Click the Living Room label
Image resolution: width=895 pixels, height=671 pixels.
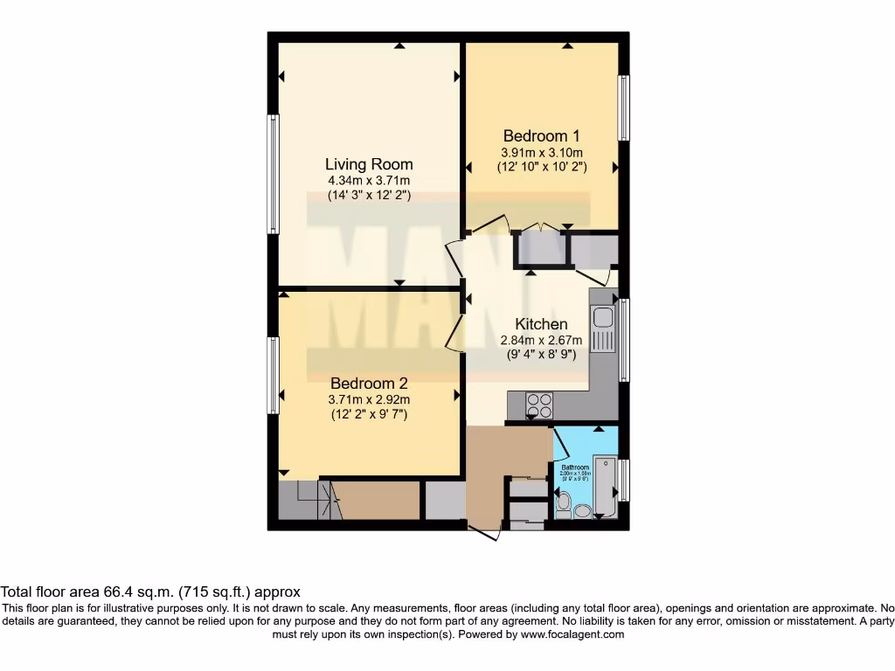click(x=369, y=164)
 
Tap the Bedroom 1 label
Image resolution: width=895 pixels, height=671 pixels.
click(x=541, y=136)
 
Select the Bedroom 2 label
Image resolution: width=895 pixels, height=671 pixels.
click(x=369, y=384)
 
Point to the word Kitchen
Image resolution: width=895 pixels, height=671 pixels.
click(x=541, y=324)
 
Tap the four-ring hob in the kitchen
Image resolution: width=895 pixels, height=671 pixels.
click(x=539, y=405)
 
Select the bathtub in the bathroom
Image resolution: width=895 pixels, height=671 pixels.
click(x=605, y=487)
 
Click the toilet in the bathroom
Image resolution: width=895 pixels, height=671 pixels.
click(x=563, y=505)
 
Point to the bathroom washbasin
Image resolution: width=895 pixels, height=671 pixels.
click(x=584, y=511)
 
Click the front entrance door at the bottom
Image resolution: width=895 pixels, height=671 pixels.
click(x=484, y=529)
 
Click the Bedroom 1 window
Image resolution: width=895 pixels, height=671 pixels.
click(x=624, y=107)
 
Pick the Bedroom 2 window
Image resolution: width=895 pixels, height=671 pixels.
click(x=274, y=376)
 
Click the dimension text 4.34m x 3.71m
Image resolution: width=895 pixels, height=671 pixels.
click(x=369, y=181)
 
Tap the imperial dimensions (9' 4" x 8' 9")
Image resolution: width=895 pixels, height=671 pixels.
click(x=541, y=355)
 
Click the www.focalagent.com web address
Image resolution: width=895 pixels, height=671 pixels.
click(x=572, y=634)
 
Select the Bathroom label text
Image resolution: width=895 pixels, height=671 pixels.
click(x=573, y=467)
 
